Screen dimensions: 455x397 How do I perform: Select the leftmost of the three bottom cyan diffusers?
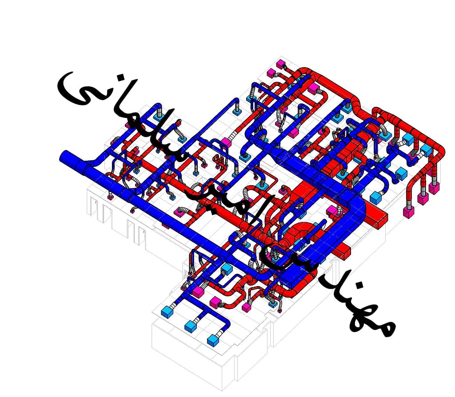pos(167,312)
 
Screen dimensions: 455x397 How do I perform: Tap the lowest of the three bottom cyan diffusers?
pos(214,340)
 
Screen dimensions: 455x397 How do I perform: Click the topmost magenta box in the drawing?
pos(281,64)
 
